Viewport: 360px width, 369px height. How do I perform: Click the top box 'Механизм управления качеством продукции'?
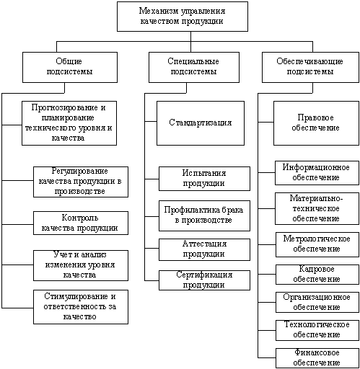pos(183,17)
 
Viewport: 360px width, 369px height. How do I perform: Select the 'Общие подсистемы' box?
pos(70,67)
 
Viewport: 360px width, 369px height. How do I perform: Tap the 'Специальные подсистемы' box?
pos(194,67)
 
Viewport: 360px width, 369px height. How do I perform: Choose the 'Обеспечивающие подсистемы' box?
pos(310,67)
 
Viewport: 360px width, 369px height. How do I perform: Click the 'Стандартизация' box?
pos(201,123)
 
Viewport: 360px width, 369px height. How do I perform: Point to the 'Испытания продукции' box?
pos(204,179)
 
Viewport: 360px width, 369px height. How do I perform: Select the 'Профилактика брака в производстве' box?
pos(204,215)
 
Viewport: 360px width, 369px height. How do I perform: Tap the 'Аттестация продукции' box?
pos(204,249)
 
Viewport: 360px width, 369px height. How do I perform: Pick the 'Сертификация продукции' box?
pos(204,280)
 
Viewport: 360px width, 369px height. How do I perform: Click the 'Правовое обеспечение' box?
pos(316,123)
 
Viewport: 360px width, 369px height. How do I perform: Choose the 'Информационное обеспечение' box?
pos(317,173)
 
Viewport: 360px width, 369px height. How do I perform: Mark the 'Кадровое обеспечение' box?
pos(317,275)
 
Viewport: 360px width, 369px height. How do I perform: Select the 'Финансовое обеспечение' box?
pos(317,358)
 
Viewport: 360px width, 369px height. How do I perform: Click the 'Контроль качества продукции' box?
pos(81,223)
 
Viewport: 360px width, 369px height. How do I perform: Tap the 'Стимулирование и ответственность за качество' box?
pos(81,307)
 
